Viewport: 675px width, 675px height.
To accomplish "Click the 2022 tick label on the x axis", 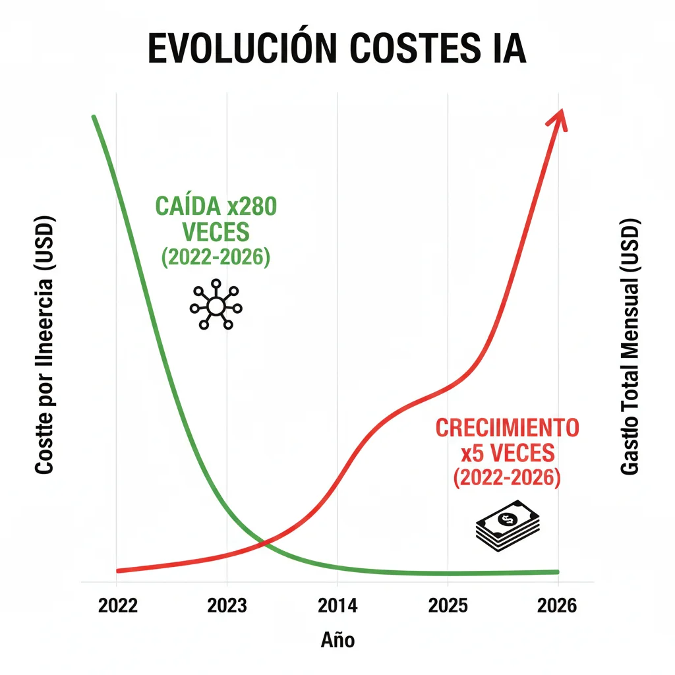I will (117, 606).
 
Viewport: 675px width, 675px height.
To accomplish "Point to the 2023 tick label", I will (227, 606).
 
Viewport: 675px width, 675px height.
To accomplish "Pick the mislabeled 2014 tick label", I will (337, 606).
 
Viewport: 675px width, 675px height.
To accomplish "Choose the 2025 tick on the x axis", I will (448, 606).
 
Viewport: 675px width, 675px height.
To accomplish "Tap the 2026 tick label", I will (558, 606).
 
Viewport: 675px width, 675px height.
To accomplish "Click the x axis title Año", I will (337, 639).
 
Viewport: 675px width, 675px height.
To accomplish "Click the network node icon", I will (216, 307).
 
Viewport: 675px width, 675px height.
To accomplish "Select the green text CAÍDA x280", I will (216, 206).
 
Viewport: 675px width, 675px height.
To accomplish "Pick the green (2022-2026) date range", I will (216, 257).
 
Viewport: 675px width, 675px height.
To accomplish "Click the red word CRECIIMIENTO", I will (507, 427).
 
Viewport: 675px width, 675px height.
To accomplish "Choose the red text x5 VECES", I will (507, 454).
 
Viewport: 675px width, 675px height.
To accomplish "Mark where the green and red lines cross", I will (264, 543).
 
